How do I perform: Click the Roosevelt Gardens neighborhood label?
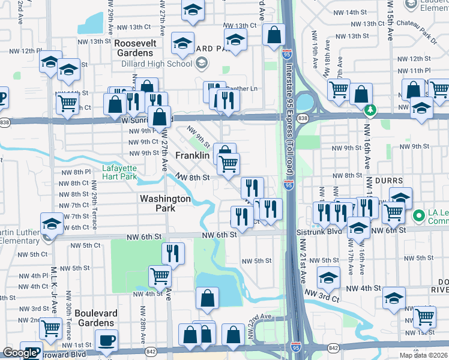(135, 48)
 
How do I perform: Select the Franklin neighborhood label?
(192, 155)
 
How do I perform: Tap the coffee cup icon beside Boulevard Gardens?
(107, 340)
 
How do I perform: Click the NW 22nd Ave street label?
(259, 317)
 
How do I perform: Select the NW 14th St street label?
(364, 12)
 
